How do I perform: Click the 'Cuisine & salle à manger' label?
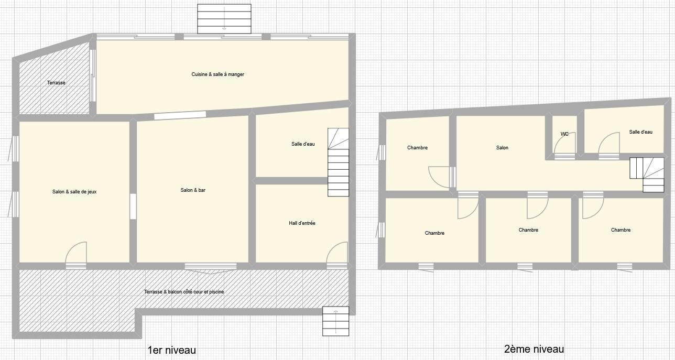[217, 74]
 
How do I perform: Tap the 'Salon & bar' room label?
[193, 190]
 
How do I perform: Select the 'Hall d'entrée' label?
[302, 223]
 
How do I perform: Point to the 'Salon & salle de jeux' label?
[74, 192]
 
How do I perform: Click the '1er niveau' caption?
[172, 350]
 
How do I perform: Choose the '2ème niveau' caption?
[534, 349]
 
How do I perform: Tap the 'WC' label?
[564, 134]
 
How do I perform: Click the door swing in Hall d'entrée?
[336, 253]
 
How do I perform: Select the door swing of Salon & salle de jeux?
[76, 253]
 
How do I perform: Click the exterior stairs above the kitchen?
[224, 19]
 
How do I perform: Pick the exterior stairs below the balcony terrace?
[336, 321]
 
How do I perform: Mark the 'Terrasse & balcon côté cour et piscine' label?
[184, 291]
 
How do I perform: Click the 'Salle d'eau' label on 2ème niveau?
[640, 132]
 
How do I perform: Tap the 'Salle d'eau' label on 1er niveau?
[303, 144]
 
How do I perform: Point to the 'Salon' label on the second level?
[502, 148]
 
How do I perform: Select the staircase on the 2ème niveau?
[647, 174]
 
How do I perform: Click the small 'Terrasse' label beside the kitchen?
[56, 83]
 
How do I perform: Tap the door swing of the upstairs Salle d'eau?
[609, 144]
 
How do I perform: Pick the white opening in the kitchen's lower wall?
[180, 115]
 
